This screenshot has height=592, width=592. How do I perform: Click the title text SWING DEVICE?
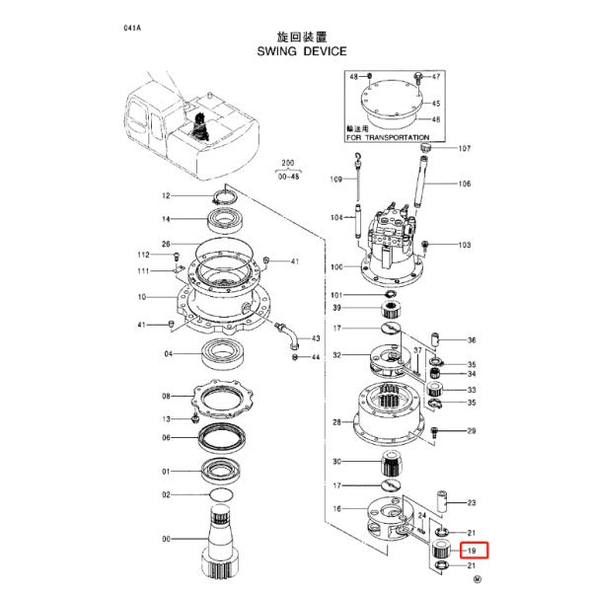296,47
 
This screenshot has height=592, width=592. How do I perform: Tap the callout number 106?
464,184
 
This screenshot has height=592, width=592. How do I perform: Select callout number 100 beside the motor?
336,266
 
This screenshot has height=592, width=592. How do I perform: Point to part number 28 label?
336,422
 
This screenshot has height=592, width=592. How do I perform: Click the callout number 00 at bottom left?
167,539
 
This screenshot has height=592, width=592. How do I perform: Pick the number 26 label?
167,244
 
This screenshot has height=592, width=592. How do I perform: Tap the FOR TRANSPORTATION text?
388,137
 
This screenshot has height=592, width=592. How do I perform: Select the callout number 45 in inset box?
436,103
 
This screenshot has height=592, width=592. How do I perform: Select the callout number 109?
335,180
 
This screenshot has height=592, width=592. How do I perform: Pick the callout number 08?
167,396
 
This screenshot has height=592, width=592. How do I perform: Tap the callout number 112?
143,255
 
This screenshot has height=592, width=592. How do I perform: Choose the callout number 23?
472,502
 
